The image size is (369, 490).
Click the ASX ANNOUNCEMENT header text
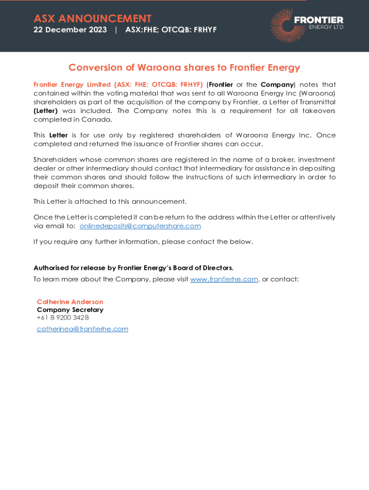92,19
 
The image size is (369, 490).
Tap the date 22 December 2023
70,30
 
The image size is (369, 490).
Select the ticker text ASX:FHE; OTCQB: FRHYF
171,30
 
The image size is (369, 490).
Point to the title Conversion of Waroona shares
184,67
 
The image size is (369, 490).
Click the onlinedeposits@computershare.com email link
140,226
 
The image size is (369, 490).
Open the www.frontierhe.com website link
224,279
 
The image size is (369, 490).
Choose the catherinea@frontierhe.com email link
82,329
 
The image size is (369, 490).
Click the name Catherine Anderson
70,302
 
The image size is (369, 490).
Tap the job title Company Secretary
70,310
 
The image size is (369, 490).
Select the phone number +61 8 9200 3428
63,317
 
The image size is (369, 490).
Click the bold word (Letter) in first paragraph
46,111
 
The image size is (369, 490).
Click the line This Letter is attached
110,201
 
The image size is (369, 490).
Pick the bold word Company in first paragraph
277,85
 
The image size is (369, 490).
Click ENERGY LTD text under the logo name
326,27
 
